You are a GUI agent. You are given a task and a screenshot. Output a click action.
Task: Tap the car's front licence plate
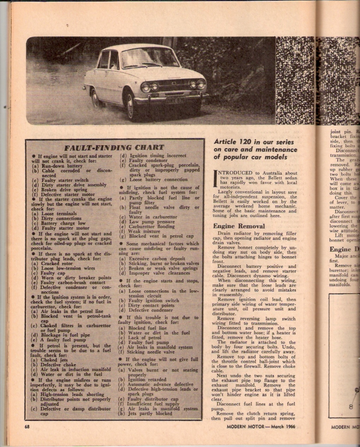[x=175, y=101]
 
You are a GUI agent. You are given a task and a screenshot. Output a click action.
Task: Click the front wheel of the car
[x=130, y=106]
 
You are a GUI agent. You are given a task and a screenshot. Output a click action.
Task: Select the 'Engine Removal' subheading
[x=239, y=226]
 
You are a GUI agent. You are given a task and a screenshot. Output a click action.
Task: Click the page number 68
[x=27, y=427]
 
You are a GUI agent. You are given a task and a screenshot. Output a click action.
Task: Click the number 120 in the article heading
[x=244, y=142]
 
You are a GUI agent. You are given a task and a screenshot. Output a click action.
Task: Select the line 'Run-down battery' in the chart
[x=62, y=165]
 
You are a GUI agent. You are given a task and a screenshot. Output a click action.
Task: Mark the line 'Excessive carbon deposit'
[x=157, y=259]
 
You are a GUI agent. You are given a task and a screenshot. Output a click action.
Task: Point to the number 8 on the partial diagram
[x=351, y=406]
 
